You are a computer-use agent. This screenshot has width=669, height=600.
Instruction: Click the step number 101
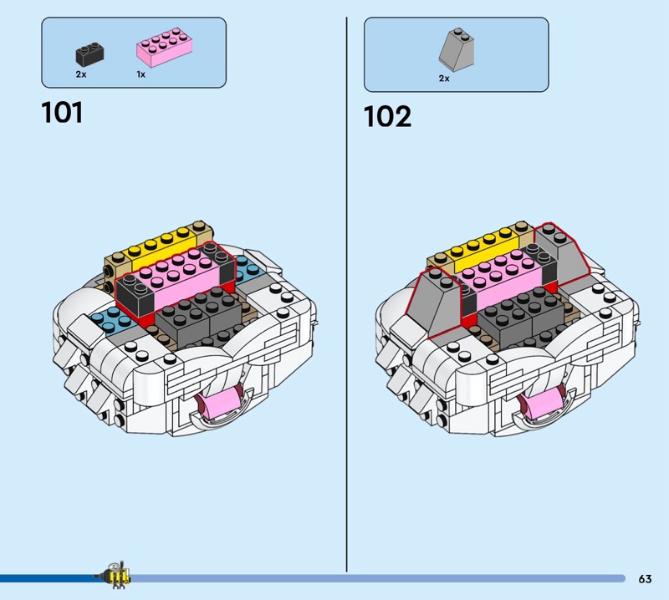tap(62, 113)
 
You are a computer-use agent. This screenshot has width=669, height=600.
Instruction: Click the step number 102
tap(387, 116)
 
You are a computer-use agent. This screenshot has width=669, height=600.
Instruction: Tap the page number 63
tap(645, 578)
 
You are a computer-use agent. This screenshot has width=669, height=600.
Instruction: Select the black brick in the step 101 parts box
tap(90, 54)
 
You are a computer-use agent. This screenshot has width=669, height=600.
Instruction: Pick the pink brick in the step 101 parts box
tap(164, 47)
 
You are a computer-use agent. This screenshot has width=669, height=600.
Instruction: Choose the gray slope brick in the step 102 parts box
tap(456, 49)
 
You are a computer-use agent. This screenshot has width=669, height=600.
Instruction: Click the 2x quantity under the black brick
tap(81, 74)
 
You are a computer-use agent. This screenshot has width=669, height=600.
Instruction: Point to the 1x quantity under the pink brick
tap(140, 74)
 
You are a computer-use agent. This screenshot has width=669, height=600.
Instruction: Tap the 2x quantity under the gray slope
tap(444, 79)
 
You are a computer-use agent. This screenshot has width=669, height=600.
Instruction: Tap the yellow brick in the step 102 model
tap(484, 251)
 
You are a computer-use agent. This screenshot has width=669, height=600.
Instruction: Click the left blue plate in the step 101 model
tap(112, 322)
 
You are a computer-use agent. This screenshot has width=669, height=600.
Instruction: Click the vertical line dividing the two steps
tap(346, 294)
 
